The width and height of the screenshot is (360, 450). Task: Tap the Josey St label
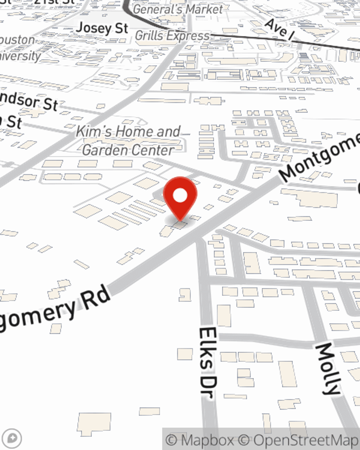point(102,28)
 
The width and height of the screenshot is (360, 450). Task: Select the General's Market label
point(178,9)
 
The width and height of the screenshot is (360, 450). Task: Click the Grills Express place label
point(172,36)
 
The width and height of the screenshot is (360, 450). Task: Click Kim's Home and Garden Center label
point(128,141)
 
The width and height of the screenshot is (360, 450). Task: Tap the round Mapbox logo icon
point(13,438)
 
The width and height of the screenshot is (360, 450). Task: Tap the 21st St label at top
point(54,2)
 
